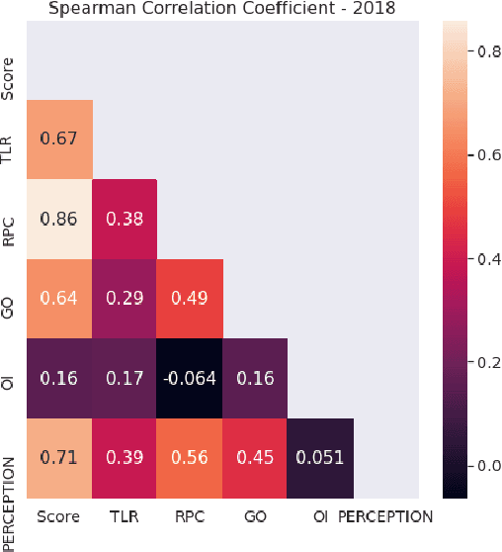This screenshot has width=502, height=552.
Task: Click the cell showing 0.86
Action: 59,219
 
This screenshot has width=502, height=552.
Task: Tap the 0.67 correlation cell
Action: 59,139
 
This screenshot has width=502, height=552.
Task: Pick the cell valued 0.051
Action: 320,458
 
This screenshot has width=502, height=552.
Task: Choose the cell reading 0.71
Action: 59,458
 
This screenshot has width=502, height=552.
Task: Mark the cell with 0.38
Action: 125,219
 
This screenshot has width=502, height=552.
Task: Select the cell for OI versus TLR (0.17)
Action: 125,379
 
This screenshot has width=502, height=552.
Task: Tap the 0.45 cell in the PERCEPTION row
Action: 255,458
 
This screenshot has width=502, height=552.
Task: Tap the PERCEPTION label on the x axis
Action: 385,516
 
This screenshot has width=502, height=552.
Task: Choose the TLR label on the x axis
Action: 125,516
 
